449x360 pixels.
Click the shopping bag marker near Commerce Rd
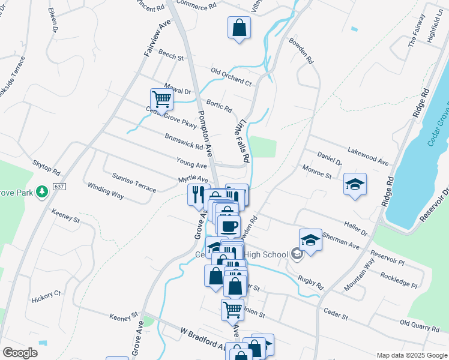[239, 28]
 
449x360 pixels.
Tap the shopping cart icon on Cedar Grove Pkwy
[161, 99]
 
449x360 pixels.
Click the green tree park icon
[42, 191]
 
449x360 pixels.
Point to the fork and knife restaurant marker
[197, 195]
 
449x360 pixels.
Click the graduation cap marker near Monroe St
[355, 185]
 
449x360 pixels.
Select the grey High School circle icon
[296, 254]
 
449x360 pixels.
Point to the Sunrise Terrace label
[134, 182]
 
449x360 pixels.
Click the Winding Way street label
[105, 191]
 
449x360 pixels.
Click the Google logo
[20, 353]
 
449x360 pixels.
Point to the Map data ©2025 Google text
[411, 355]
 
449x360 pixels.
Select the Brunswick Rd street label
[183, 141]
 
